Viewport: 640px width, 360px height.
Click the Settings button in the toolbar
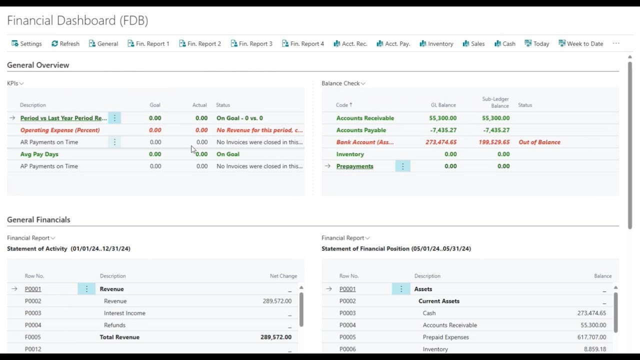[x=26, y=43]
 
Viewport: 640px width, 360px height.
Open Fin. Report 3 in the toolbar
[x=251, y=43]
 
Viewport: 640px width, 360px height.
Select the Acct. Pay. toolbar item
[x=393, y=43]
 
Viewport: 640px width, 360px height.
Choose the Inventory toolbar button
[x=436, y=43]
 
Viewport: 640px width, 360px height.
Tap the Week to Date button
[x=581, y=43]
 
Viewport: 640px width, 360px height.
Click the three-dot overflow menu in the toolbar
[x=616, y=43]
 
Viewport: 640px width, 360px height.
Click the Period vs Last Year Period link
[x=63, y=118]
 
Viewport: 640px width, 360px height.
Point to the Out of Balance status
[x=539, y=142]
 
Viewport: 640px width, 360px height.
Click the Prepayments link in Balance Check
[x=354, y=166]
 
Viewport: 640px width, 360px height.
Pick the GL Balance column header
[x=443, y=105]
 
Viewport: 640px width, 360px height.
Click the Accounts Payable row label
[x=361, y=130]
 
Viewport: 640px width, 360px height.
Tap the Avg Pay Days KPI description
[x=39, y=154]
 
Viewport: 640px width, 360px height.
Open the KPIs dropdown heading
[x=15, y=83]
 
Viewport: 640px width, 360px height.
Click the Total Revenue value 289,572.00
[x=275, y=337]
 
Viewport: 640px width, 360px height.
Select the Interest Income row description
[x=124, y=313]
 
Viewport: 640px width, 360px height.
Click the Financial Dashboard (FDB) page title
[x=77, y=20]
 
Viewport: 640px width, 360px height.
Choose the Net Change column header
[x=283, y=276]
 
